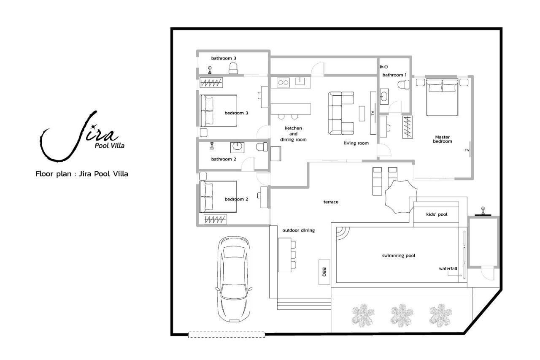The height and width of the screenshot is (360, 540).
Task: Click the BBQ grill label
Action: click(x=324, y=272)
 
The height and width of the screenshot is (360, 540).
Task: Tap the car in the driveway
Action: click(x=234, y=279)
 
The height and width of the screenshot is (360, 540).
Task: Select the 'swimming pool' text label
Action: click(x=399, y=256)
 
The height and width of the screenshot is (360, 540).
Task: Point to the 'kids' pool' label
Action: click(x=437, y=214)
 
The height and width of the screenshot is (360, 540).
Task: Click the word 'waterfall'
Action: click(x=448, y=268)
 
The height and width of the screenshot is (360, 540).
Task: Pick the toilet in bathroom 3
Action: click(x=233, y=68)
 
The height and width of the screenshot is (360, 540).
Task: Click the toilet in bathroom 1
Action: click(x=403, y=85)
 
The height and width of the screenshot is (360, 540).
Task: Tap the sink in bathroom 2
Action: click(x=237, y=147)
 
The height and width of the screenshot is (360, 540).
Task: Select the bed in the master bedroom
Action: click(x=442, y=97)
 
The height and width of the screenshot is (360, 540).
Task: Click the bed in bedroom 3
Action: click(x=219, y=111)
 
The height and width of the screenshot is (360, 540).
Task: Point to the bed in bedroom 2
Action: click(x=218, y=197)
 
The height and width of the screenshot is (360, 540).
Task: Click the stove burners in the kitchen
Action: click(x=283, y=82)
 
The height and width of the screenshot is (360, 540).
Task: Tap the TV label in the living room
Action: click(x=373, y=113)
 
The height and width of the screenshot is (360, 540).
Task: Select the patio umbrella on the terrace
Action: click(x=401, y=197)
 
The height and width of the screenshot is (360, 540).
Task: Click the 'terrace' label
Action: click(x=331, y=202)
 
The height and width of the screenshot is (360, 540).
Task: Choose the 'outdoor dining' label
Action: click(x=298, y=230)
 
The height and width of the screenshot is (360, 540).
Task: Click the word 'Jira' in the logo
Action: click(x=80, y=136)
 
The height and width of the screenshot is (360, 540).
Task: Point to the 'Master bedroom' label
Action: click(x=443, y=139)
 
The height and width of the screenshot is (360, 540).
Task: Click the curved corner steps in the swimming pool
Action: click(x=343, y=233)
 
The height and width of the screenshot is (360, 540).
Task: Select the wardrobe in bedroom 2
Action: click(x=215, y=219)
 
